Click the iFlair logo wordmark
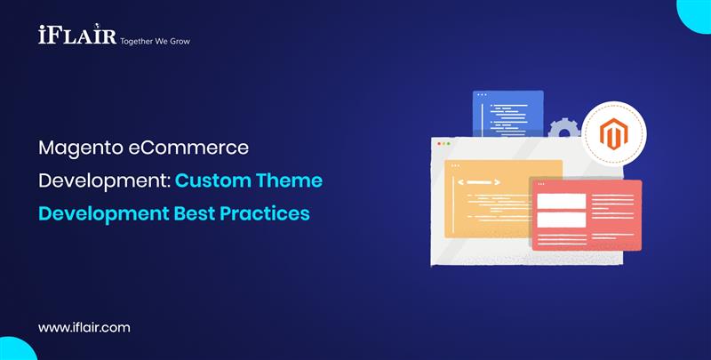pyautogui.click(x=76, y=36)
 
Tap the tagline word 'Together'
pyautogui.click(x=138, y=41)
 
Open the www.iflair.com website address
pyautogui.click(x=84, y=327)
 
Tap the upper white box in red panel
pyautogui.click(x=561, y=201)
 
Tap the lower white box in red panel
pyautogui.click(x=561, y=220)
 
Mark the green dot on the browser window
pyautogui.click(x=449, y=143)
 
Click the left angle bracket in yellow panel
pyautogui.click(x=460, y=183)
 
